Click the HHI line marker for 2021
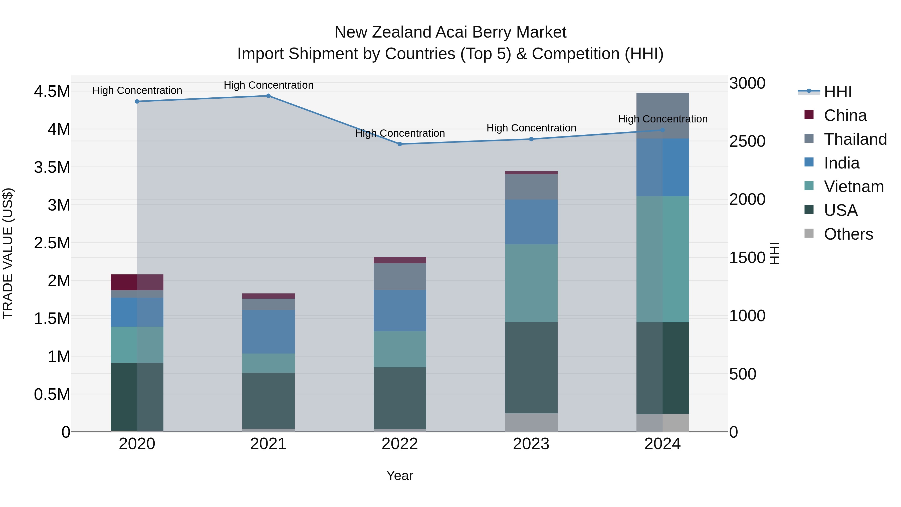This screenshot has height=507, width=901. (x=268, y=96)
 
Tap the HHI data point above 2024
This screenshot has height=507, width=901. (x=662, y=130)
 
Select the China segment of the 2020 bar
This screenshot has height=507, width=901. (x=137, y=282)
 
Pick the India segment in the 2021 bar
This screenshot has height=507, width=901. (x=268, y=332)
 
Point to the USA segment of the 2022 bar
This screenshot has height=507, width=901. (x=400, y=398)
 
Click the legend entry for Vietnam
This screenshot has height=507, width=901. (x=853, y=187)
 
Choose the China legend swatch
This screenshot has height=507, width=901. (x=809, y=115)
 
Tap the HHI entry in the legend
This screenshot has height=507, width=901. (x=837, y=92)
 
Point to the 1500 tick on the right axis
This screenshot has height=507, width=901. (x=747, y=258)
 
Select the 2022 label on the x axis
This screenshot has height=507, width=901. (x=400, y=444)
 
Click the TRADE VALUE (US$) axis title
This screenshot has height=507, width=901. (x=8, y=253)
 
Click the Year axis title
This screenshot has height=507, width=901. (x=400, y=475)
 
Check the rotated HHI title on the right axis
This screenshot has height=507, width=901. (x=775, y=253)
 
